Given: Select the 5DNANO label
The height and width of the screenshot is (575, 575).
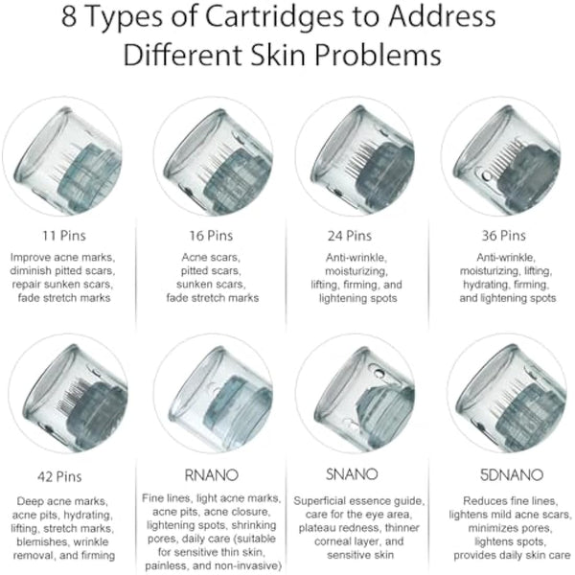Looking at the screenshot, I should (504, 472).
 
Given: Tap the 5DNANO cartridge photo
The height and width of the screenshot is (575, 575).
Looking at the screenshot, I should (506, 397).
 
